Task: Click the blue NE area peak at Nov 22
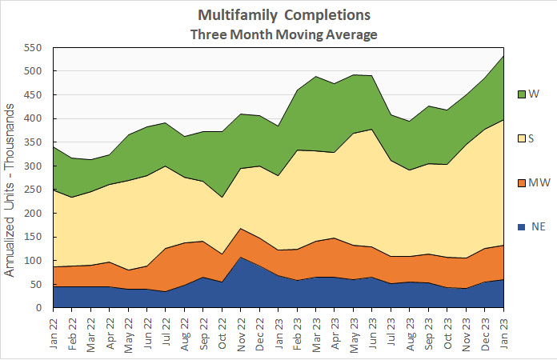pyautogui.click(x=242, y=258)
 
